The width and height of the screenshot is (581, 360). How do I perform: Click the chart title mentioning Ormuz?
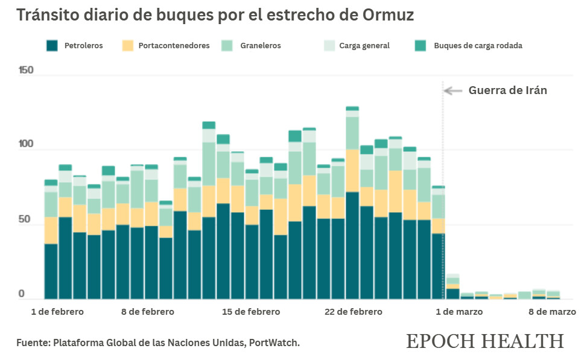tap(215, 15)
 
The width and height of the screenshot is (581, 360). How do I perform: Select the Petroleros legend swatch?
tap(52, 45)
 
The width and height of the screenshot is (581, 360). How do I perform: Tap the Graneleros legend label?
tap(260, 45)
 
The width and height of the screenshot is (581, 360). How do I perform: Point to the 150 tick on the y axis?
tap(26, 70)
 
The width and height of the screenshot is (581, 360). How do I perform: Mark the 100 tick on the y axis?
tap(26, 145)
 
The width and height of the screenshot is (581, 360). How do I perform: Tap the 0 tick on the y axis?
tap(21, 294)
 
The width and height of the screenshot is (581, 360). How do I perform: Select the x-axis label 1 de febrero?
tap(57, 312)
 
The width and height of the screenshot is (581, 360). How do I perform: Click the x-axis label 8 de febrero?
tap(147, 312)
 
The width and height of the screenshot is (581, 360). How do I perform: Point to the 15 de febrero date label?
tap(251, 312)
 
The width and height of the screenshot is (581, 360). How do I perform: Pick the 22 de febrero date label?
tap(353, 312)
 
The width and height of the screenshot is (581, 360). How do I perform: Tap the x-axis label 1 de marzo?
tap(459, 312)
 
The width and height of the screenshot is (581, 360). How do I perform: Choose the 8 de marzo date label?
tap(553, 312)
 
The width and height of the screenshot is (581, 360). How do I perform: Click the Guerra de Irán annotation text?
tap(507, 90)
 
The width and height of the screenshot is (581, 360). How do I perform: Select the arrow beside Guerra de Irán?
tap(453, 90)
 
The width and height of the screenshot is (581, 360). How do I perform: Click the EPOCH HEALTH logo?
tap(485, 341)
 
